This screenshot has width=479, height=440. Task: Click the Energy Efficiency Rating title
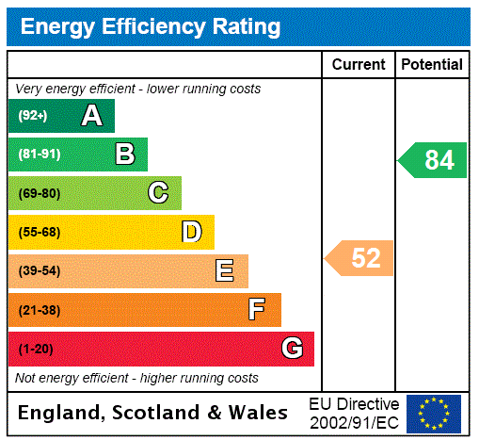point(151,27)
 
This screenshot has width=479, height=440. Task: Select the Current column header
point(359,65)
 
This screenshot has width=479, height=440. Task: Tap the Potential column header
point(432,65)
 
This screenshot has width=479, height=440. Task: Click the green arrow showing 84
point(433,160)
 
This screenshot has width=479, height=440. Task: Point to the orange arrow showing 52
point(360,257)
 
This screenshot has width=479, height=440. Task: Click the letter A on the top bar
point(91,116)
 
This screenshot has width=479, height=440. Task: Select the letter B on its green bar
point(124,155)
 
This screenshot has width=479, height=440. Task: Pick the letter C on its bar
point(158,193)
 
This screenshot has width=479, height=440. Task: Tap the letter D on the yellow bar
point(191,232)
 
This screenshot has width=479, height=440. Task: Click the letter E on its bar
point(224,271)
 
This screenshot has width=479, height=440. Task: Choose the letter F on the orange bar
point(257,310)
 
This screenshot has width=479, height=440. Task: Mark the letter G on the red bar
point(292,349)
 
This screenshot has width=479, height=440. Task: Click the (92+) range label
point(33,116)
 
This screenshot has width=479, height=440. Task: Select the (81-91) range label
point(39,155)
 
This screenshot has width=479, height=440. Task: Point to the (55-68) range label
point(39,232)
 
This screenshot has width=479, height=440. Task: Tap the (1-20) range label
point(36,350)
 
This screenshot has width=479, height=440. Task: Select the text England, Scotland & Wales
point(153,413)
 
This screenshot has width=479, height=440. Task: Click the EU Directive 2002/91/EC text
point(354,413)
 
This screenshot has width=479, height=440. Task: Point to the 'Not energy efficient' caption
point(136,378)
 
